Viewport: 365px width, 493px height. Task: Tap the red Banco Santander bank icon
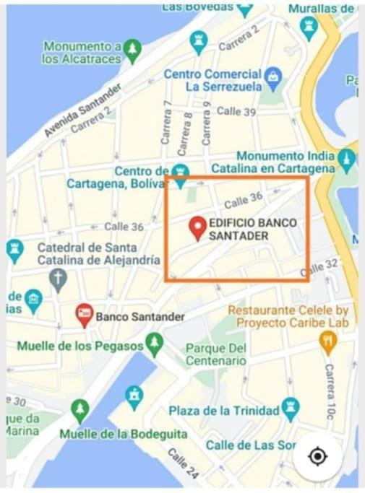[x=85, y=315]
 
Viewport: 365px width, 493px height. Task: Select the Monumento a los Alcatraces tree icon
[x=132, y=49]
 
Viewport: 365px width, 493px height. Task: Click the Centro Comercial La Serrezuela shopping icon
[x=272, y=75]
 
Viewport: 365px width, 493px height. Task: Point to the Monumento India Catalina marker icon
[x=347, y=158]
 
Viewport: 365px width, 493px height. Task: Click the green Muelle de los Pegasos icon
[x=154, y=344]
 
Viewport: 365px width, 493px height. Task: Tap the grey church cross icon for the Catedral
[x=58, y=276]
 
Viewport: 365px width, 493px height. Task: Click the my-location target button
[x=317, y=456]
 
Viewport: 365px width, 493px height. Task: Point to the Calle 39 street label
[x=236, y=111]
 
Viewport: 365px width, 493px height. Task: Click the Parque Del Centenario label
[x=216, y=354]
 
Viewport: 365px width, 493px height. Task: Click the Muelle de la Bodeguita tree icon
[x=80, y=411]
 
